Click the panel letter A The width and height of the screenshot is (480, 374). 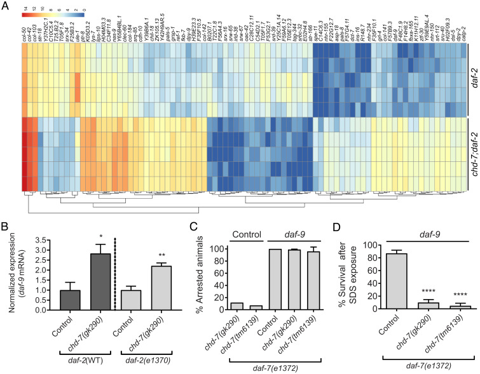6,6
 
